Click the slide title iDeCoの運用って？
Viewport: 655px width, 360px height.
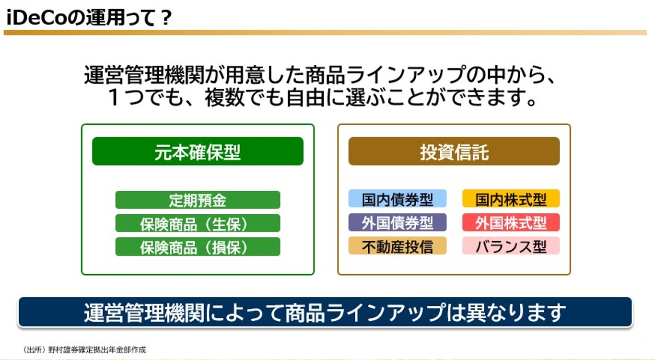coord(89,18)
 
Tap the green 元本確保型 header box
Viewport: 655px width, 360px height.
coord(198,151)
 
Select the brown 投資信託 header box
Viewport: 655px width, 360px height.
coord(454,151)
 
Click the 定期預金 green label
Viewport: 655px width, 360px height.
coord(198,200)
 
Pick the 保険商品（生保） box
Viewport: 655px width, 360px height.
coord(198,223)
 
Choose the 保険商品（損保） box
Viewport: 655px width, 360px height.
coord(198,247)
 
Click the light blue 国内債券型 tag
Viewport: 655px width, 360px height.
coord(398,199)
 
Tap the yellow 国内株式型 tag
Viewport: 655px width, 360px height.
coord(511,199)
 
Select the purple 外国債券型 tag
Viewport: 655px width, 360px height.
coord(398,222)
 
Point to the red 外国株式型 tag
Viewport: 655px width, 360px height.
coord(511,222)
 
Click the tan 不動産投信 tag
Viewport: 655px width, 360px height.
coord(398,246)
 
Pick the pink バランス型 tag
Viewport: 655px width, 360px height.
coord(511,246)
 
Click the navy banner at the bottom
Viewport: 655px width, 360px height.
coord(325,312)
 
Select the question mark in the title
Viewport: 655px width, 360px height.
coord(165,18)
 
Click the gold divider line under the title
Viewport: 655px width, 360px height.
coord(325,33)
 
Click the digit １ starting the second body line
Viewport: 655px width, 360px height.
coord(114,98)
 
